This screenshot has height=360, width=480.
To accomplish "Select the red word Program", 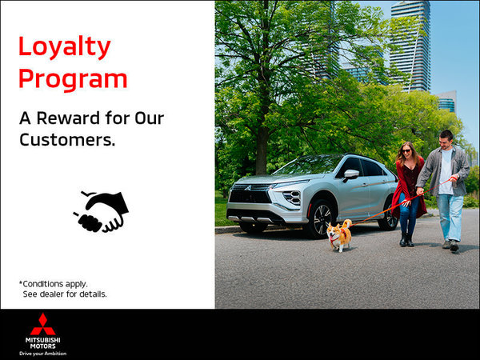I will [x=73, y=79].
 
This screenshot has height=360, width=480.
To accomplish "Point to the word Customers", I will [x=67, y=140].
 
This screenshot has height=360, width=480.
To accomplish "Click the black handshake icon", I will [x=102, y=210].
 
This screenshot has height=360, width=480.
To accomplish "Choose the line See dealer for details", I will [x=64, y=294].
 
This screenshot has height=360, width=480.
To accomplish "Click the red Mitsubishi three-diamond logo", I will [x=42, y=325].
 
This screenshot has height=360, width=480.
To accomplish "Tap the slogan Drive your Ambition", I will [x=42, y=353].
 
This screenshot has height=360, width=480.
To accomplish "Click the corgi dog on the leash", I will [x=339, y=234].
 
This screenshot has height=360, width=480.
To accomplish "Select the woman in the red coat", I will [x=407, y=192].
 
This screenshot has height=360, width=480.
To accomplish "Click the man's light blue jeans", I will [x=450, y=215].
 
